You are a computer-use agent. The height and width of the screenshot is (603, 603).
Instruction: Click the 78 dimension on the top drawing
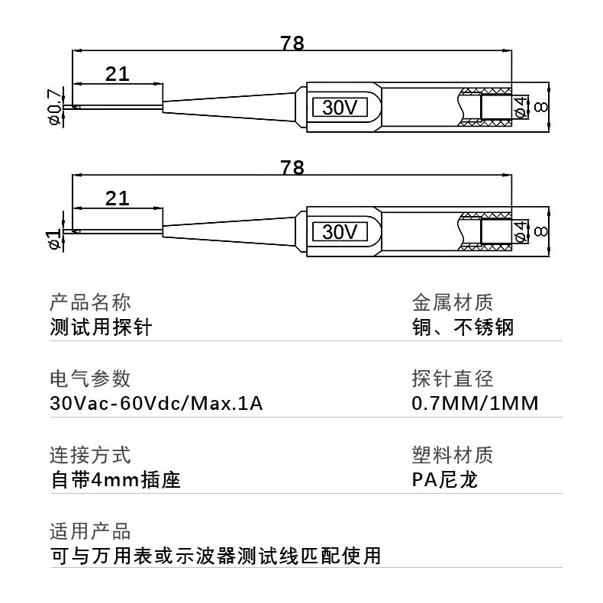click(x=292, y=44)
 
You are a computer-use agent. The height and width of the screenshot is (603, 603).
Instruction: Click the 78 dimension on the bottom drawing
click(x=292, y=168)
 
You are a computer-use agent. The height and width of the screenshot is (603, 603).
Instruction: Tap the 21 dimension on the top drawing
click(x=117, y=74)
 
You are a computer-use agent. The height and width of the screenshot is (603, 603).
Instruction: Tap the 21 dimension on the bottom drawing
click(x=117, y=198)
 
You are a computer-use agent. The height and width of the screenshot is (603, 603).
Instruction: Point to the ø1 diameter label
click(x=55, y=238)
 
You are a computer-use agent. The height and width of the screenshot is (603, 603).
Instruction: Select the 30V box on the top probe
click(x=340, y=108)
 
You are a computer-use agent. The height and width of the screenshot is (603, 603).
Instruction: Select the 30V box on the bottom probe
click(x=340, y=231)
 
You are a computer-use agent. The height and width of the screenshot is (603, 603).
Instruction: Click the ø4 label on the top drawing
click(x=521, y=108)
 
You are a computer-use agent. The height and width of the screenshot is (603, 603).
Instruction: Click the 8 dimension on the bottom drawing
click(x=542, y=231)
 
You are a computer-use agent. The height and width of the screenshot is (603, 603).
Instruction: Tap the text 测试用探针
click(x=101, y=327)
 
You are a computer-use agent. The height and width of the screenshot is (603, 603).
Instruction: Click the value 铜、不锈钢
click(x=463, y=327)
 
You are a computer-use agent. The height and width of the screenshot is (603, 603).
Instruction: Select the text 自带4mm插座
click(x=115, y=481)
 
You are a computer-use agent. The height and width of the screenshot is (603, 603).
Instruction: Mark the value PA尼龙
click(x=444, y=481)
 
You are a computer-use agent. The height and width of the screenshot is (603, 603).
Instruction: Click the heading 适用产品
click(x=90, y=531)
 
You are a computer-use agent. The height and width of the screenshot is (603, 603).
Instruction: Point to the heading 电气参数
click(x=90, y=379)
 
